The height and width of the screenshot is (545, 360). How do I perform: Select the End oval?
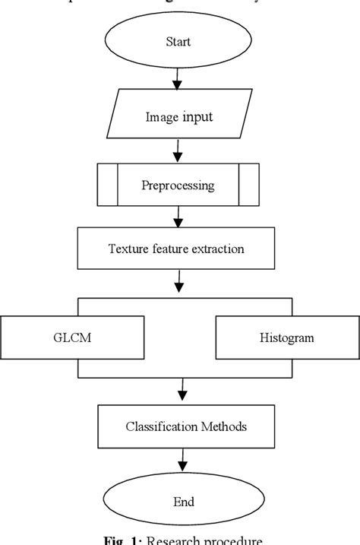[183, 502]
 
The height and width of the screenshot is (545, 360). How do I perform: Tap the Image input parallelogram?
[179, 117]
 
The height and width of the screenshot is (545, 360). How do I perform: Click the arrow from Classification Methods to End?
[182, 461]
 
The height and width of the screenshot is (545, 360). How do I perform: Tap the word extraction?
[221, 249]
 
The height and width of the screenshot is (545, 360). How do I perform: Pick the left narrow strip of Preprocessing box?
[107, 185]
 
